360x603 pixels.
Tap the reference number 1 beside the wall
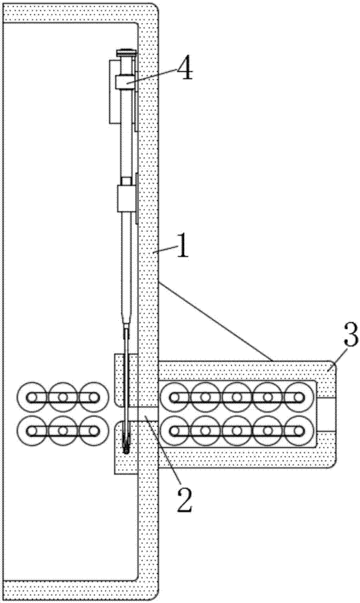coord(182,247)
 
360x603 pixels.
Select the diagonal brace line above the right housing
coord(216,322)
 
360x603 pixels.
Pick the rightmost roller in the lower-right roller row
coord(299,431)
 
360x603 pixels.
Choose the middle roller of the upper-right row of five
coord(237,397)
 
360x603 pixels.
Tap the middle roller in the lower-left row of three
coord(63,431)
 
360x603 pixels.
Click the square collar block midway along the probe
coord(126,198)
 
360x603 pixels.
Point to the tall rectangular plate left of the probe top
coord(115,92)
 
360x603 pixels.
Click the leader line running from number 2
coord(160,449)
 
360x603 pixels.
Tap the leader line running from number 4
coord(153,75)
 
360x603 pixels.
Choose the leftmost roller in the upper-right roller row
coord(175,397)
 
